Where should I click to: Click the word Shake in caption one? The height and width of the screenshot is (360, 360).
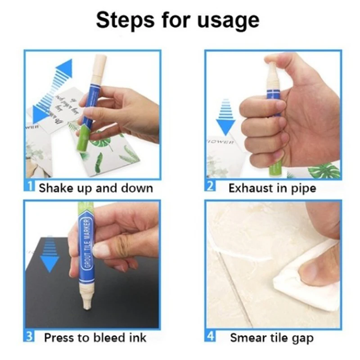(54, 188)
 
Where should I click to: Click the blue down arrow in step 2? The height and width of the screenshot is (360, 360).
(225, 118)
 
